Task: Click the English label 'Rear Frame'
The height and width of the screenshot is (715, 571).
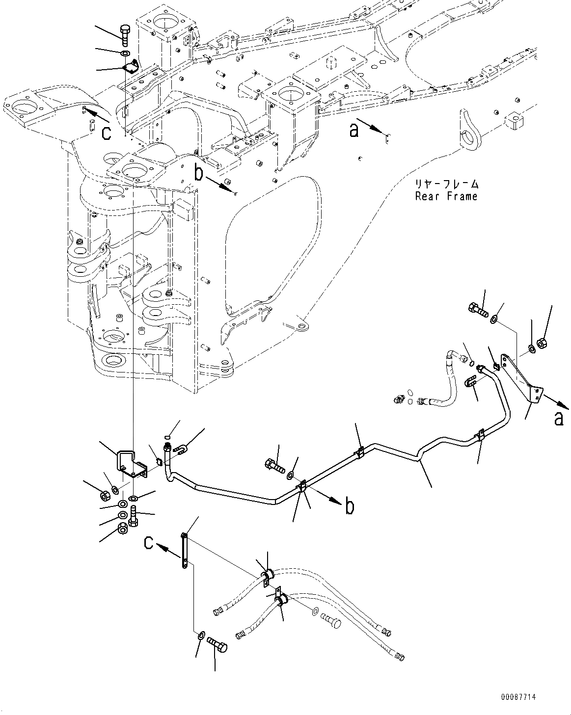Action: click(446, 197)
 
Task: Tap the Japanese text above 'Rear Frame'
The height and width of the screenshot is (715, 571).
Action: click(446, 185)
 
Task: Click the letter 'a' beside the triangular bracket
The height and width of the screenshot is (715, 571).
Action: click(559, 419)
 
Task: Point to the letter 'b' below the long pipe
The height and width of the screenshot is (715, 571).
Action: click(350, 506)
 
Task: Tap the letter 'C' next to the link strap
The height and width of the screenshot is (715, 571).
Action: click(150, 542)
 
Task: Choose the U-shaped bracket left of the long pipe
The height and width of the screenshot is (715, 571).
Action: click(129, 464)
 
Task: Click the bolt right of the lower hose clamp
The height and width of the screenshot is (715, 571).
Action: click(332, 623)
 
